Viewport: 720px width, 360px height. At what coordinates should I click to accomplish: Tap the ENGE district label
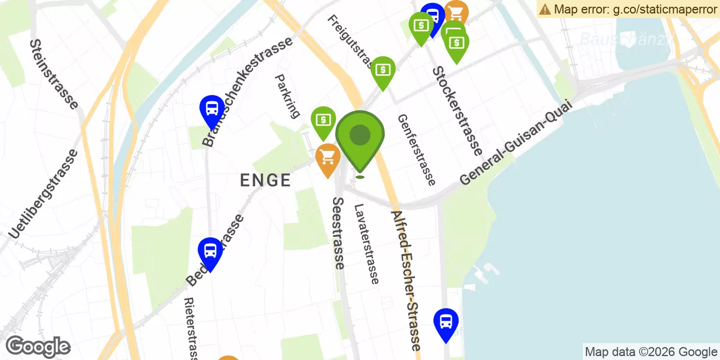265,180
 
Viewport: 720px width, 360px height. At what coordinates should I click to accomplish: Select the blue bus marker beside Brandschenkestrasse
212,108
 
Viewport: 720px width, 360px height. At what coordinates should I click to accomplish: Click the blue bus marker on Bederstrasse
210,251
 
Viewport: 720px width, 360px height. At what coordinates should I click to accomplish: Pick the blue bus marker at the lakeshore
446,322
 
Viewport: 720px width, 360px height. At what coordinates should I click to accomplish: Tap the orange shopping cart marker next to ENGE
328,157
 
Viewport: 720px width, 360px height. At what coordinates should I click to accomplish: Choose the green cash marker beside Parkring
323,120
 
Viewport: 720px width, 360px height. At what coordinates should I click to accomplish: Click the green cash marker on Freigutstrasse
383,70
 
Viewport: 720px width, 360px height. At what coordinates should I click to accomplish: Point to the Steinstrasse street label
54,74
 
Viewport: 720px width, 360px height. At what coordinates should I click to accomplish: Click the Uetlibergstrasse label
43,193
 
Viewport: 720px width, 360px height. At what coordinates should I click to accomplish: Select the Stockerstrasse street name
457,111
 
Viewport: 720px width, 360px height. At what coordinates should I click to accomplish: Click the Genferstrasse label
416,150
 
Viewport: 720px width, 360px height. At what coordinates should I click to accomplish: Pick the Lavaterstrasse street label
366,244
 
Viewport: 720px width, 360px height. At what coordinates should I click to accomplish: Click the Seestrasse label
338,233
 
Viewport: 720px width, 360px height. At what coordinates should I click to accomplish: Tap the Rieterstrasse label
191,328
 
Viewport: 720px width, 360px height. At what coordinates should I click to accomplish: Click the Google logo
38,347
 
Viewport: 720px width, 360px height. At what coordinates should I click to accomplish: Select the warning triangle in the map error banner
545,9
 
